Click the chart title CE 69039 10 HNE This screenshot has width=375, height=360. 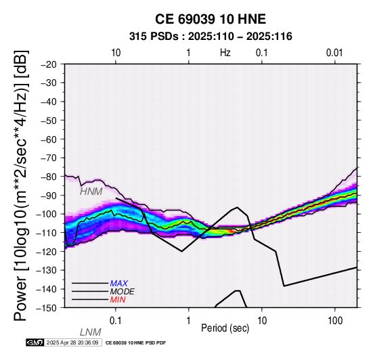[x=211, y=19]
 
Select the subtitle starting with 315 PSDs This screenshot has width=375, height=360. [x=211, y=37]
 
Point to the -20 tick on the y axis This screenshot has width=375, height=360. [x=49, y=64]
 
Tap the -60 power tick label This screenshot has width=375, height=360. [x=49, y=139]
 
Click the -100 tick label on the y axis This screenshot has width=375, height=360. [x=47, y=214]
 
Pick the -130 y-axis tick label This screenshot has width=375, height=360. [x=47, y=270]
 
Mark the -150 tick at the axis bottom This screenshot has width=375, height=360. [x=47, y=308]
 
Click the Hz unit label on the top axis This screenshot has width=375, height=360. [x=225, y=53]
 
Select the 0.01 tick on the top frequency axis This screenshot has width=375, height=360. [x=334, y=53]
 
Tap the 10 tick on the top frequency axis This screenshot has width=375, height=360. [x=116, y=53]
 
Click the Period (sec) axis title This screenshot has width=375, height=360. [x=225, y=328]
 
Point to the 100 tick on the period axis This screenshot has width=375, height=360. [x=335, y=321]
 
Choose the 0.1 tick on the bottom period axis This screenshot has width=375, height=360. [x=116, y=321]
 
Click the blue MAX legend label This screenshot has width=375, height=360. [x=119, y=284]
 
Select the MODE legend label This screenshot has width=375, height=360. [x=123, y=292]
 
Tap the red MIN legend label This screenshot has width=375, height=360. [x=118, y=300]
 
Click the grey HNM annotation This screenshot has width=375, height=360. [x=91, y=192]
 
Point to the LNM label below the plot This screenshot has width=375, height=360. [x=91, y=332]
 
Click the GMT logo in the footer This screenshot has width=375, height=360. [x=35, y=342]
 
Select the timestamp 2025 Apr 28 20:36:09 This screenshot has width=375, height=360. [x=72, y=342]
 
